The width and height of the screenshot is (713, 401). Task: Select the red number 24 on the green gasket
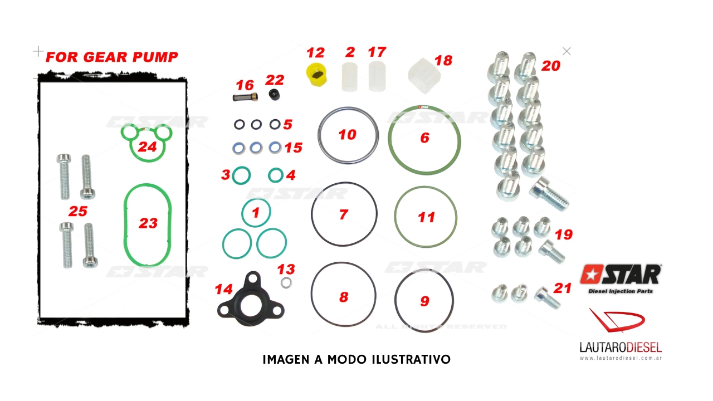[147, 146]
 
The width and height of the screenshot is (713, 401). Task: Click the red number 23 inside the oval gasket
[148, 223]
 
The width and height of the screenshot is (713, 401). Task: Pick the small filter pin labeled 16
[245, 97]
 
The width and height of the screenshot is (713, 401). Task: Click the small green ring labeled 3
[241, 175]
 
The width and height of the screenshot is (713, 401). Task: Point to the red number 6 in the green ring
[424, 138]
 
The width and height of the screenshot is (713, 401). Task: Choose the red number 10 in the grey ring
[347, 135]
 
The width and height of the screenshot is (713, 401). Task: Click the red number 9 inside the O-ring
[424, 301]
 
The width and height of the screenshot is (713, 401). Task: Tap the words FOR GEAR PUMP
[112, 57]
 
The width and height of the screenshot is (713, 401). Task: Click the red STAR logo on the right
[621, 275]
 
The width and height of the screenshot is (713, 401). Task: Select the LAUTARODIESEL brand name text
[619, 348]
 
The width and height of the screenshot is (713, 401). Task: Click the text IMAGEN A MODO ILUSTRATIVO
[356, 359]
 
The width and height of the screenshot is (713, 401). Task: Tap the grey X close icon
[567, 51]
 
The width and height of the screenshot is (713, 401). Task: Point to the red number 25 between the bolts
[78, 211]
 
